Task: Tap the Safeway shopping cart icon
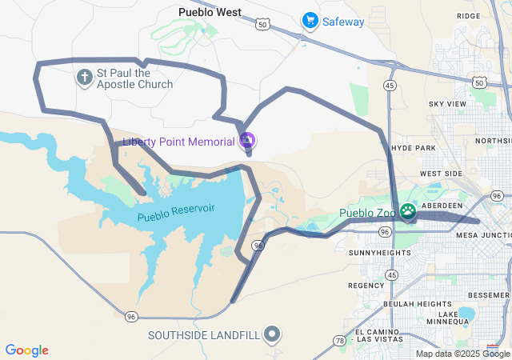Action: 309,21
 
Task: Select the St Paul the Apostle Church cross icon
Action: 84,78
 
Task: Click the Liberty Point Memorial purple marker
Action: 248,142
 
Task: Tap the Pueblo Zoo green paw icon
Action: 408,213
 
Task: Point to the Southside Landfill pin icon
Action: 273,334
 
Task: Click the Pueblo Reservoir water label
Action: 176,213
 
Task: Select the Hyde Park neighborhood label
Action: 414,149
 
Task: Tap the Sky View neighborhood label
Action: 447,104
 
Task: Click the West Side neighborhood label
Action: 441,174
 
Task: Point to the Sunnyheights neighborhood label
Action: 379,252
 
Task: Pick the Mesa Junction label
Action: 483,235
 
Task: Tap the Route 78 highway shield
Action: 339,341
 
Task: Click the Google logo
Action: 26,350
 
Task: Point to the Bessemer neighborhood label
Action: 487,294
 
